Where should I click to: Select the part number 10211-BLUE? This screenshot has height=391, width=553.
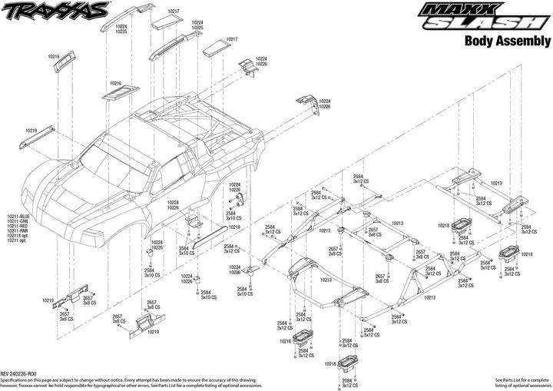pos(19,217)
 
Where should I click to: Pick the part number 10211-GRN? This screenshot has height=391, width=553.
pos(18,222)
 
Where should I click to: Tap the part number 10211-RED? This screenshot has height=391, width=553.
pos(18,227)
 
